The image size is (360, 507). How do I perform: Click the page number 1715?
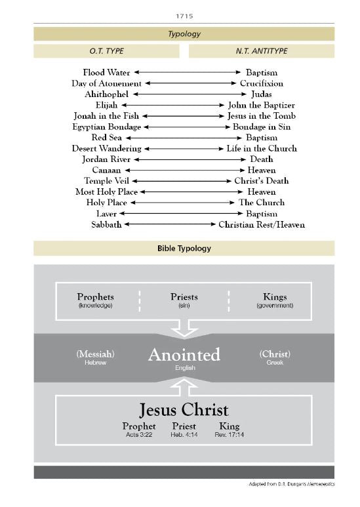point(184,14)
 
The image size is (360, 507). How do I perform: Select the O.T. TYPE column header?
point(106,51)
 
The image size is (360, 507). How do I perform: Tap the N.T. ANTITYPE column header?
point(261,51)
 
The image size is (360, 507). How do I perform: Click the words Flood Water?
point(106,72)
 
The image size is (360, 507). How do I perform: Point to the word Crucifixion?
point(261,83)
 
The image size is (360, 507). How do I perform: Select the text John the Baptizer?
point(261,105)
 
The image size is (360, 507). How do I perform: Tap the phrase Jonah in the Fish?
point(107,115)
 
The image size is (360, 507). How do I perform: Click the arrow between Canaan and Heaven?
point(184,170)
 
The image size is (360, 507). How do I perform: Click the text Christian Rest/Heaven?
point(261,224)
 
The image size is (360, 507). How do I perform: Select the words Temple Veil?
point(107,180)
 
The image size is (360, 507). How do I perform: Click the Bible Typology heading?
point(184,249)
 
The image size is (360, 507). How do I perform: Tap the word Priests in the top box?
point(184,297)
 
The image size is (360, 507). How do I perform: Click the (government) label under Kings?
point(275,306)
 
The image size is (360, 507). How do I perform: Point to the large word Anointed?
point(184,355)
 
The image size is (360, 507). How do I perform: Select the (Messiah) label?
point(95,354)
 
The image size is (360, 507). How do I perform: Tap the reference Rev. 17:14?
point(230,434)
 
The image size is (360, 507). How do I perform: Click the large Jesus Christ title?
point(184,410)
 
